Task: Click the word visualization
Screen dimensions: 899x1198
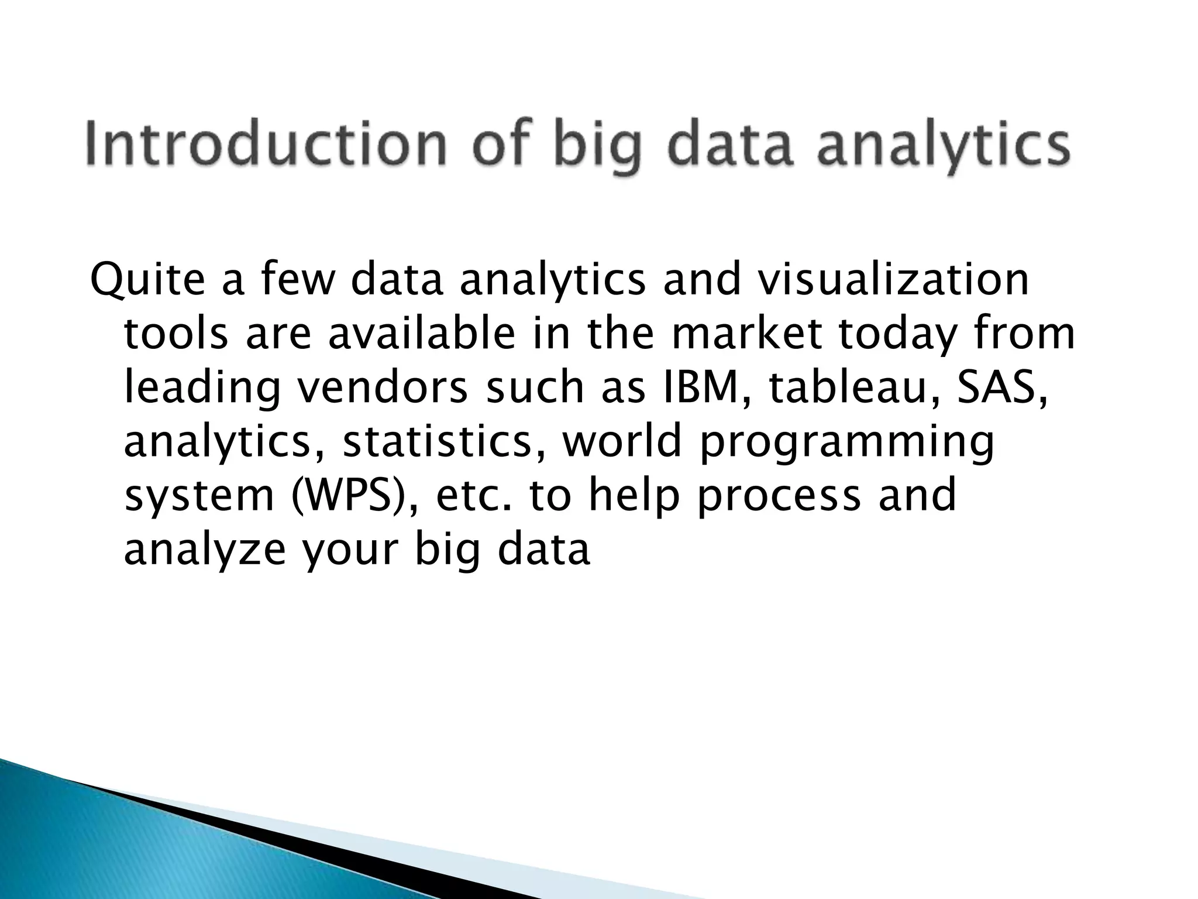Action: pos(893,279)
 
